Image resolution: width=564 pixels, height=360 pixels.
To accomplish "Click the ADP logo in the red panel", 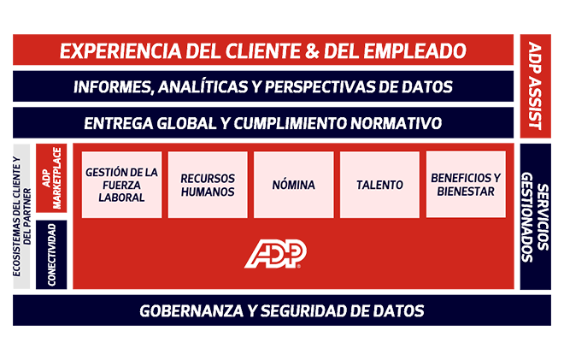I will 276,252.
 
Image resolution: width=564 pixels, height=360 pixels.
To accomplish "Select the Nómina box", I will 293,185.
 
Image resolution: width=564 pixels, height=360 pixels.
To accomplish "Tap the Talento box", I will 379,185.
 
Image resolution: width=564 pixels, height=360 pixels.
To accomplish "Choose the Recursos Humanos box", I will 208,185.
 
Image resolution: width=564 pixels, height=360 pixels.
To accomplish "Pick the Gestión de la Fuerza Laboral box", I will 121,185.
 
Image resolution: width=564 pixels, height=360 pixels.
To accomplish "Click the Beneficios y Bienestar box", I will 465,184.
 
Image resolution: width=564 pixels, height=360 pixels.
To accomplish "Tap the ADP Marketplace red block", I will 50,179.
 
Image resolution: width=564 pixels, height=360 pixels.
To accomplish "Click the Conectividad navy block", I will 50,254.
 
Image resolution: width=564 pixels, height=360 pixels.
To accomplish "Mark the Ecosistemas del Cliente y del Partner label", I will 21,215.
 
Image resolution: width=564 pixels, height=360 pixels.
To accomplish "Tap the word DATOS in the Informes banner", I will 429,86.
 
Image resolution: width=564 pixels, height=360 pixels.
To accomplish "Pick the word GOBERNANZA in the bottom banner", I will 188,310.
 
